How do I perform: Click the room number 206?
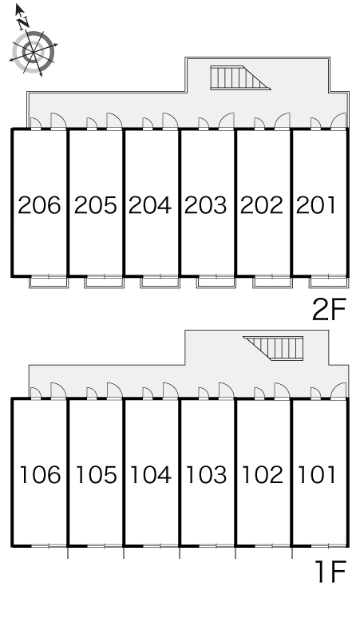point(39,205)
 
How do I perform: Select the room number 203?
point(206,205)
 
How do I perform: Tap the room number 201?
point(316,205)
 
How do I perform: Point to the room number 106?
point(40,474)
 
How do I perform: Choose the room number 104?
point(150,474)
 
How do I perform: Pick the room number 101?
point(317,474)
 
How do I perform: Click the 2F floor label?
point(329,309)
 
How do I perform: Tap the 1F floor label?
point(330,572)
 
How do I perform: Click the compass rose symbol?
point(33,51)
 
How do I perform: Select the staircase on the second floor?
point(240,78)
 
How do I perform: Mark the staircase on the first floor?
point(273,348)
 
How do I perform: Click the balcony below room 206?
point(49,282)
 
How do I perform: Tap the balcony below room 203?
point(216,282)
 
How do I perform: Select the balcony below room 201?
point(328,282)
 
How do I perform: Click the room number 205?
point(95,205)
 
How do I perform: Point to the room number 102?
point(262,474)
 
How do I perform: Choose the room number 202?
point(262,205)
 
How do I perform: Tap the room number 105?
point(96,474)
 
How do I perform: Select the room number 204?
point(150,205)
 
